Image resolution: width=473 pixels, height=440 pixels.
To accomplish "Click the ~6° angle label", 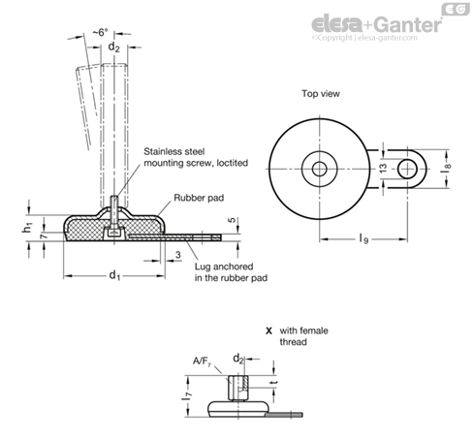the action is pyautogui.click(x=100, y=32).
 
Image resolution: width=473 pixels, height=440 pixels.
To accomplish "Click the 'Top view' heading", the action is pyautogui.click(x=321, y=94).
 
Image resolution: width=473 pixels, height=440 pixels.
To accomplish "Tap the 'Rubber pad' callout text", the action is pyautogui.click(x=199, y=198).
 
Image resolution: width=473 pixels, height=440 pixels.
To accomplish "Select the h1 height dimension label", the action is pyautogui.click(x=28, y=228).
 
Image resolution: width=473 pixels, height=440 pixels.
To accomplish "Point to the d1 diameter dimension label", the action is pyautogui.click(x=114, y=275).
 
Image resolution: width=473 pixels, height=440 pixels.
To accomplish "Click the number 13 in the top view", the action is pyautogui.click(x=383, y=168).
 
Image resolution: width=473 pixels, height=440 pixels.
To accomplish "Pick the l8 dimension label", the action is pyautogui.click(x=446, y=168).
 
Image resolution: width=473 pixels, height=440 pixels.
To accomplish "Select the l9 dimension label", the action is pyautogui.click(x=363, y=239).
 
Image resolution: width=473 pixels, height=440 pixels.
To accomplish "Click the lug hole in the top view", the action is pyautogui.click(x=407, y=169).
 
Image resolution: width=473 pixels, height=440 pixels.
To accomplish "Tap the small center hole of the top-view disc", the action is pyautogui.click(x=319, y=169).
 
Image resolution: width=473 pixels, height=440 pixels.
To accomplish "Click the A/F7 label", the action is pyautogui.click(x=202, y=361).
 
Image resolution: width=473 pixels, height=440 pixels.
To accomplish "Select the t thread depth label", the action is pyautogui.click(x=275, y=383).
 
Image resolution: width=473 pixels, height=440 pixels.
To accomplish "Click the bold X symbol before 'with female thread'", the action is pyautogui.click(x=268, y=330).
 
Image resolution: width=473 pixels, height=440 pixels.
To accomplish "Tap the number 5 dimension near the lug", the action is pyautogui.click(x=232, y=220).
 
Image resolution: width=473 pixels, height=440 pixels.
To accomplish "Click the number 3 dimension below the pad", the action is pyautogui.click(x=178, y=255).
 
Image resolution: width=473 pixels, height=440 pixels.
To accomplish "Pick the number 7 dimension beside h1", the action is pyautogui.click(x=44, y=236).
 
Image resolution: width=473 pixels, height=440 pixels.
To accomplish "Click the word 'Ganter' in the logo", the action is pyautogui.click(x=408, y=24).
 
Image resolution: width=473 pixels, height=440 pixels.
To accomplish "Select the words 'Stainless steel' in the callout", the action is pyautogui.click(x=174, y=151).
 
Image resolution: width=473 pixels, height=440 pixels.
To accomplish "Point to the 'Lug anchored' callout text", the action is pyautogui.click(x=224, y=267).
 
